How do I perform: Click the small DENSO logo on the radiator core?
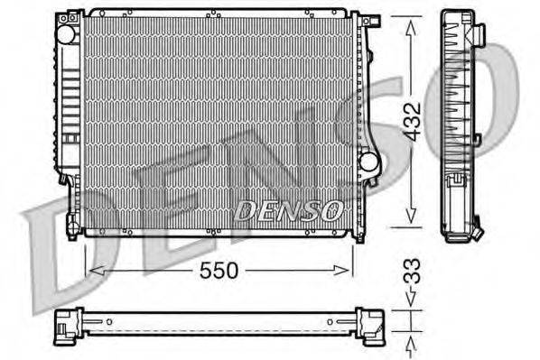pyautogui.click(x=289, y=211)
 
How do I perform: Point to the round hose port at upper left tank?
pyautogui.click(x=65, y=33)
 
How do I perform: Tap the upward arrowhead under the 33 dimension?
pyautogui.click(x=412, y=336)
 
